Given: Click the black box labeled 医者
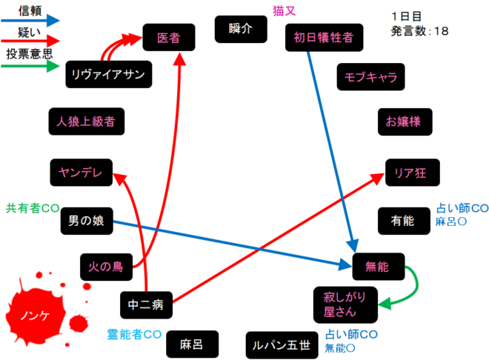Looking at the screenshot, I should (169, 37).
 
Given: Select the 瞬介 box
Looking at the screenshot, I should (241, 29).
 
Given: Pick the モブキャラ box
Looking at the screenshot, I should (371, 76).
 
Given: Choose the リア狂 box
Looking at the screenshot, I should (412, 173).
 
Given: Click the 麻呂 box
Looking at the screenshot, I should (190, 344).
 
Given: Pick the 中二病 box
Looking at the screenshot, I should (147, 304).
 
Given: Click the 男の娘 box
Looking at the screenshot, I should (86, 220).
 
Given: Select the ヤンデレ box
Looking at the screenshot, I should (81, 173).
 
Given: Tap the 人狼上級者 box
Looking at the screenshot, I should (84, 121).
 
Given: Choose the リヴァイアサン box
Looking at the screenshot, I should (109, 73).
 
